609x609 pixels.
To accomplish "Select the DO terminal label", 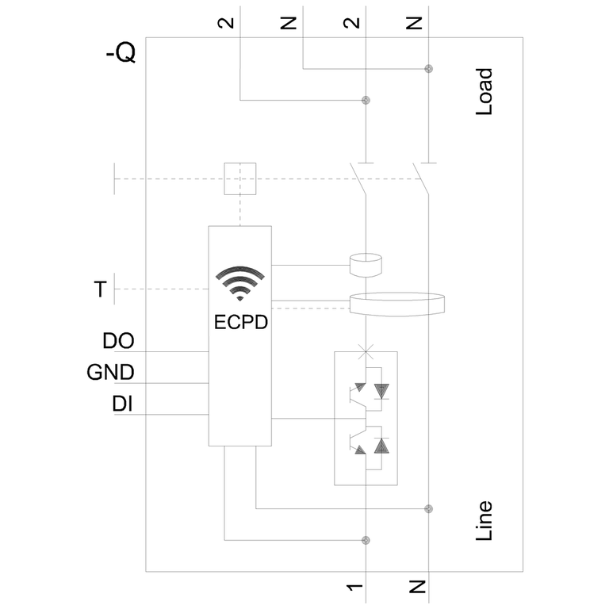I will pyautogui.click(x=118, y=342).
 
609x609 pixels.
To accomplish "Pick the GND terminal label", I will pyautogui.click(x=110, y=373).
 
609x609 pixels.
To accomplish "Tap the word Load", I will pyautogui.click(x=484, y=92).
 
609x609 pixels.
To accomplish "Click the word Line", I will pyautogui.click(x=484, y=521).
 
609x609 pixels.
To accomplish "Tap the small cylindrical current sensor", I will pyautogui.click(x=366, y=264).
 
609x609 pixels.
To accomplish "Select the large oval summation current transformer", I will pyautogui.click(x=397, y=305).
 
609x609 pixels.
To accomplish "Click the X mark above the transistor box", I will pyautogui.click(x=366, y=350).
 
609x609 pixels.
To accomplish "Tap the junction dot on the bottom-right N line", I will pyautogui.click(x=428, y=507).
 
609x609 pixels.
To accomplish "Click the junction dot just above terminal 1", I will pyautogui.click(x=366, y=540).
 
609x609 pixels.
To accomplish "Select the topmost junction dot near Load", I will pyautogui.click(x=428, y=69).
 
